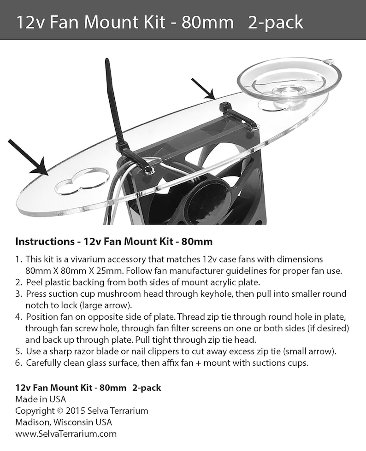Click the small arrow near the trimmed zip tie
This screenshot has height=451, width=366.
(204, 89)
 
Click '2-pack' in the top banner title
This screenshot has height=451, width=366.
(275, 22)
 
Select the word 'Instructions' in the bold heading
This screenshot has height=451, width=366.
(45, 241)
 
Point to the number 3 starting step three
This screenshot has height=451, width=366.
(18, 293)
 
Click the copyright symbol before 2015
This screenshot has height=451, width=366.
(60, 410)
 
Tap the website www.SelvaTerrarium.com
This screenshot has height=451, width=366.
(66, 433)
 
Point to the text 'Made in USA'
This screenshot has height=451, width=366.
(41, 399)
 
